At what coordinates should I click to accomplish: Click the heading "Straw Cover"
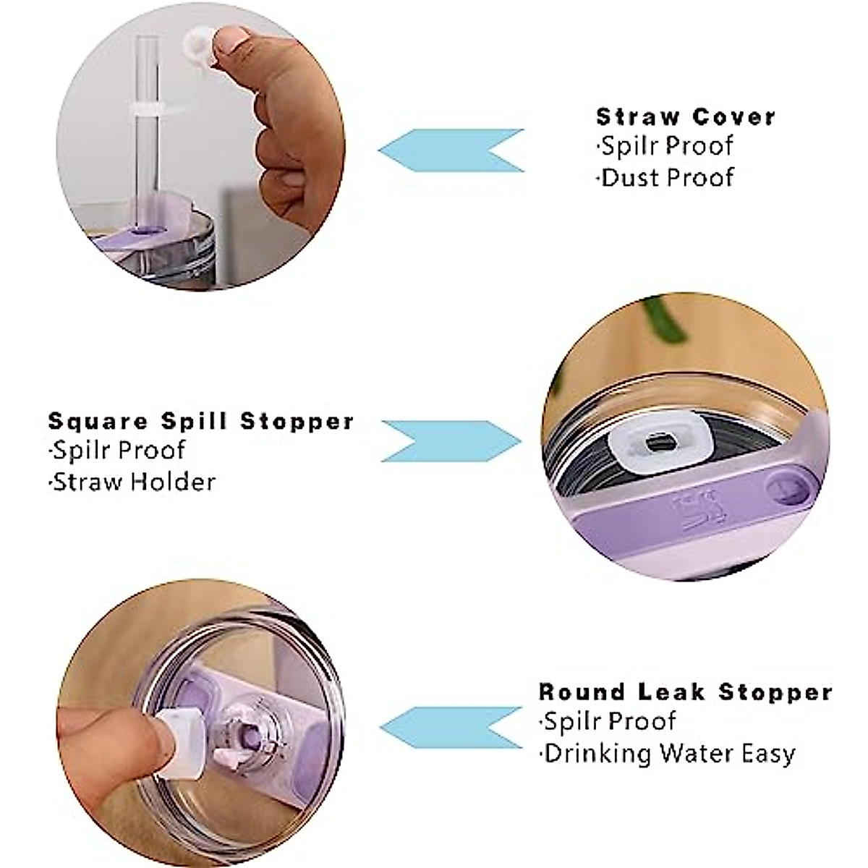coord(685,116)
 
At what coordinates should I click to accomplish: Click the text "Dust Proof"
coord(667,177)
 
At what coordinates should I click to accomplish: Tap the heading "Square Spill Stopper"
coord(201,421)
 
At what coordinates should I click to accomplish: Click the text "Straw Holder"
coord(134,482)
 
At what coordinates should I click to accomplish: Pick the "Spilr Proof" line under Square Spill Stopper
coord(119,451)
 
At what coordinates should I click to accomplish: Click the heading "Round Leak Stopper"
coord(685,692)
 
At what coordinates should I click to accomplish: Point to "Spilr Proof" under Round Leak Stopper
coord(609,722)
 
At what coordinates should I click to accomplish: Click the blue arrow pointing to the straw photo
coord(450,150)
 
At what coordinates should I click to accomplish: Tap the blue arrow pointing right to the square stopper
coord(450,441)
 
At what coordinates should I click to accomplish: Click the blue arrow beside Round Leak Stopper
coord(450,728)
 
